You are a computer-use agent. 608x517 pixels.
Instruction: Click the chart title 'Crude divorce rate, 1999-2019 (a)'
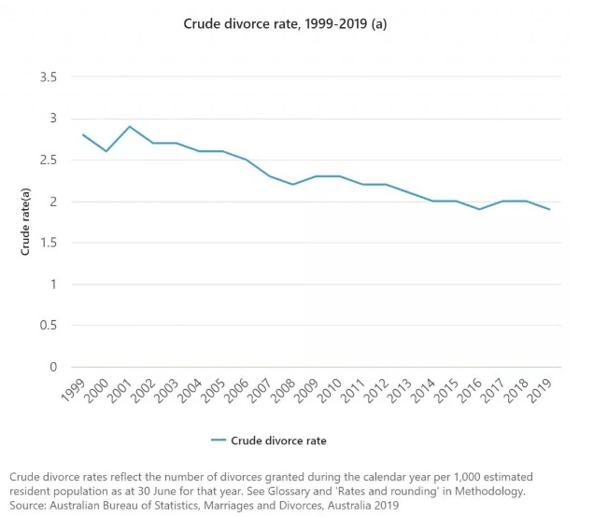[285, 23]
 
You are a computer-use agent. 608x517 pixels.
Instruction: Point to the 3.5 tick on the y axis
[48, 77]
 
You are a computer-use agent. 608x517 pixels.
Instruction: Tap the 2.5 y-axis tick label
[48, 160]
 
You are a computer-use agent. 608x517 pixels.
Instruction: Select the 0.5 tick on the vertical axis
[48, 326]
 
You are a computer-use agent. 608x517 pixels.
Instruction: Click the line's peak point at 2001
[130, 126]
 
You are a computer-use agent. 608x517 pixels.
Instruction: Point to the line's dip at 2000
[106, 151]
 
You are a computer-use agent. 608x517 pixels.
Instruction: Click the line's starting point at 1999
[83, 134]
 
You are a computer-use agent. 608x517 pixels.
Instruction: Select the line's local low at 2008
[293, 184]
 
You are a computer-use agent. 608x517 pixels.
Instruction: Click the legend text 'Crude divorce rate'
[278, 440]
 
